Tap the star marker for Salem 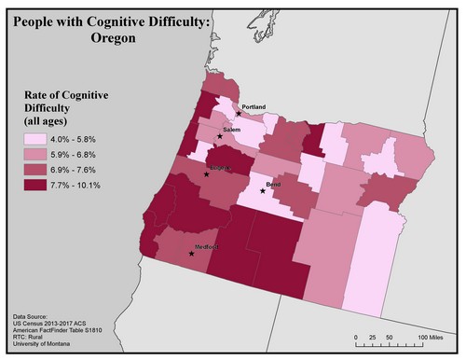point(220,136)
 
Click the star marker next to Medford point(192,253)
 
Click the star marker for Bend point(262,192)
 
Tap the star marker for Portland point(239,114)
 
